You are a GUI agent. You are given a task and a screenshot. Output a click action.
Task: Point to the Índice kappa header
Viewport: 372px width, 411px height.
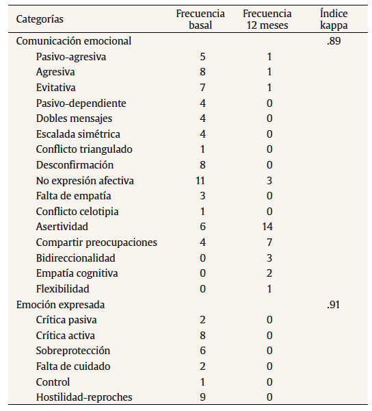click(x=334, y=19)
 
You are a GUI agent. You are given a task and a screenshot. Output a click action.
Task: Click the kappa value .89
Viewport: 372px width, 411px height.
click(x=334, y=41)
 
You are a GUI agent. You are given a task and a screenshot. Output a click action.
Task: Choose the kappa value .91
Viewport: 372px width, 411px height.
click(x=334, y=304)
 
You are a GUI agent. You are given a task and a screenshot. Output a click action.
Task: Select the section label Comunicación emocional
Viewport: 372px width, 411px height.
click(x=74, y=41)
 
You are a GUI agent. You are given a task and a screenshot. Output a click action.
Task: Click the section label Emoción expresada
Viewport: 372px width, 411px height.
click(x=60, y=304)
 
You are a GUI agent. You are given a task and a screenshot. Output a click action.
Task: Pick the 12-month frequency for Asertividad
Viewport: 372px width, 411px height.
click(x=269, y=227)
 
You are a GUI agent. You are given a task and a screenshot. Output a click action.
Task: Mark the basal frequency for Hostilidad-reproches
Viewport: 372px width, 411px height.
click(x=202, y=397)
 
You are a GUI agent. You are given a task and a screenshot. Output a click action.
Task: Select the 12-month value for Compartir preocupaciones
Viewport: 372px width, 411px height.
click(x=269, y=242)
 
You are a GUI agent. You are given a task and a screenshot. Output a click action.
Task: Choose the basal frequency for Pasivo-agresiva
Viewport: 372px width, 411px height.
click(x=202, y=56)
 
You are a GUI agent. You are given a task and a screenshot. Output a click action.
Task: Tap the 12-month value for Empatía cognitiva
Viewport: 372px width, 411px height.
click(x=269, y=273)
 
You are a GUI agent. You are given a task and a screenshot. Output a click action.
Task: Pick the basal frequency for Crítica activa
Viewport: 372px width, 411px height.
click(x=202, y=336)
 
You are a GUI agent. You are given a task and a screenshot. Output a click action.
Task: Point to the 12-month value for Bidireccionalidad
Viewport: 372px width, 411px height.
click(x=269, y=258)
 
